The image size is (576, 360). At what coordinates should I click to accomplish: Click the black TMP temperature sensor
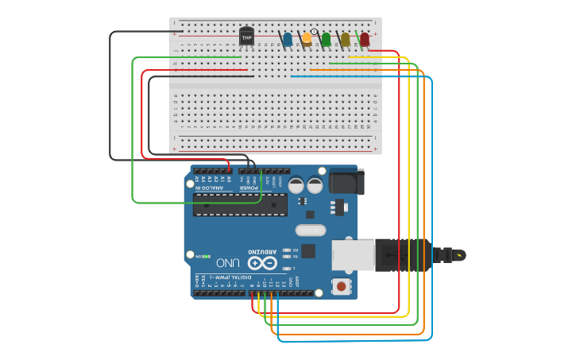pyautogui.click(x=246, y=37)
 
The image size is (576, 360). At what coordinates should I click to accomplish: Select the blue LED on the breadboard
pyautogui.click(x=287, y=39)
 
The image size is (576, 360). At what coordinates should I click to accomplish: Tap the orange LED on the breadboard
pyautogui.click(x=306, y=39)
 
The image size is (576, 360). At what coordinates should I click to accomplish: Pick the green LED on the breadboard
pyautogui.click(x=326, y=39)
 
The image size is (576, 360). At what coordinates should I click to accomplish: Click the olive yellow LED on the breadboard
pyautogui.click(x=345, y=39)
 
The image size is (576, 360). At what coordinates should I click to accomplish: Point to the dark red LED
pyautogui.click(x=365, y=39)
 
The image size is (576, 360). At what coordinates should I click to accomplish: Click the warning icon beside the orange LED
pyautogui.click(x=314, y=32)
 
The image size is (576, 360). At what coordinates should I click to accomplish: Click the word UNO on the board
pyautogui.click(x=228, y=262)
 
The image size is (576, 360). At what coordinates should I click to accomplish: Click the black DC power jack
pyautogui.click(x=346, y=182)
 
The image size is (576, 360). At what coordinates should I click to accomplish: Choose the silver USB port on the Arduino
pyautogui.click(x=352, y=254)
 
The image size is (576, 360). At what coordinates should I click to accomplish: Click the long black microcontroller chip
pyautogui.click(x=240, y=205)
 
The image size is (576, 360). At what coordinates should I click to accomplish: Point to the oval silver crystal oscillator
pyautogui.click(x=311, y=230)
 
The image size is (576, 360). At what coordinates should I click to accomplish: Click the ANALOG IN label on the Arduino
pyautogui.click(x=212, y=188)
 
